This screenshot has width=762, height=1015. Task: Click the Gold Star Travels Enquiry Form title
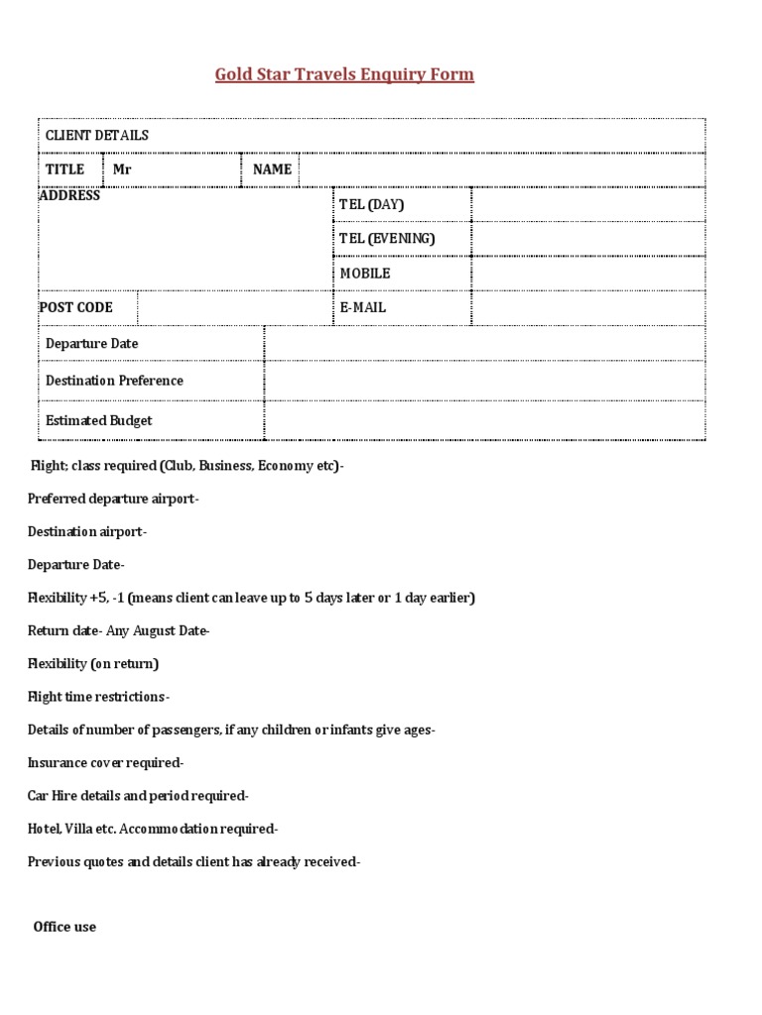(x=344, y=75)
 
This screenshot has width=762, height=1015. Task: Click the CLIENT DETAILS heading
(x=97, y=135)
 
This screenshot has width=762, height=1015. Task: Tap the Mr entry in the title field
(x=122, y=169)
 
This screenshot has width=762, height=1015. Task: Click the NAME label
(x=272, y=169)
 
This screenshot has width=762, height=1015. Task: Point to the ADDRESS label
(x=69, y=195)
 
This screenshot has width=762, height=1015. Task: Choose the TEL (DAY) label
(x=372, y=204)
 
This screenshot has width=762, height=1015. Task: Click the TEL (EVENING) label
(x=387, y=238)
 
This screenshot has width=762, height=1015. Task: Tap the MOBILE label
(x=365, y=273)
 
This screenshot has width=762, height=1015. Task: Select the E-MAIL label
(x=363, y=307)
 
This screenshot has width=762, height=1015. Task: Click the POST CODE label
(x=76, y=307)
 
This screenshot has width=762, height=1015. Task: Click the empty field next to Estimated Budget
(x=484, y=420)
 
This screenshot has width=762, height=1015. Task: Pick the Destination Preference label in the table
(x=114, y=381)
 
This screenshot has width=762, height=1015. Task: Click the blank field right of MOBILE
(x=587, y=273)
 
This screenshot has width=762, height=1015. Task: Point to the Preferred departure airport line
(x=113, y=499)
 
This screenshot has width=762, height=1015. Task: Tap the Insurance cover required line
(x=105, y=763)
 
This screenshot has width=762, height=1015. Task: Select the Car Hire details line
(x=138, y=796)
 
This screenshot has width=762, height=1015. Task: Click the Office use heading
(x=64, y=927)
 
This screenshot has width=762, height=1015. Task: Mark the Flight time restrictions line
(x=98, y=697)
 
